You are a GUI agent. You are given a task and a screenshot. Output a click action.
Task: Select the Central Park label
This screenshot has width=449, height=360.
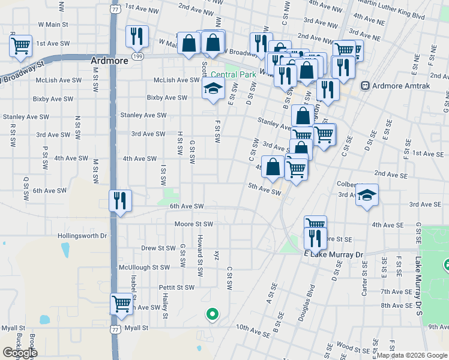240,74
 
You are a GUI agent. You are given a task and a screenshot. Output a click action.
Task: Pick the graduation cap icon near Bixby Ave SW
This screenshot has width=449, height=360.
212,89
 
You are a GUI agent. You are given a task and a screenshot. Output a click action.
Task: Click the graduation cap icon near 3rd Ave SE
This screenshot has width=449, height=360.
367,195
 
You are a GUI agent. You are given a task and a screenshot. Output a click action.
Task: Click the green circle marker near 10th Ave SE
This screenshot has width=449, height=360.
211,313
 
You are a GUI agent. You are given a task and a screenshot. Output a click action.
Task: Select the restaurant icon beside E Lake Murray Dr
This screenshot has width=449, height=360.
315,239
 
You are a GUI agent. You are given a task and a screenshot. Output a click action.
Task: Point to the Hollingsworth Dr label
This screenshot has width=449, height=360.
82,236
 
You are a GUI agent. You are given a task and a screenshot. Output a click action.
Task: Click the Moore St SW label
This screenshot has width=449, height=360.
194,224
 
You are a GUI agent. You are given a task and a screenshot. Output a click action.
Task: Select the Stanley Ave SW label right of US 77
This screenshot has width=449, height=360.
143,115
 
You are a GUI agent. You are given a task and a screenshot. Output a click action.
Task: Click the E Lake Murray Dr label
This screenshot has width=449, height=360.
334,255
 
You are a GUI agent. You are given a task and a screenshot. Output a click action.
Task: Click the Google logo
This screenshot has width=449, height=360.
20,353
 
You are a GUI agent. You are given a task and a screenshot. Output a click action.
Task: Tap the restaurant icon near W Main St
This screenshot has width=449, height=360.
137,36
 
